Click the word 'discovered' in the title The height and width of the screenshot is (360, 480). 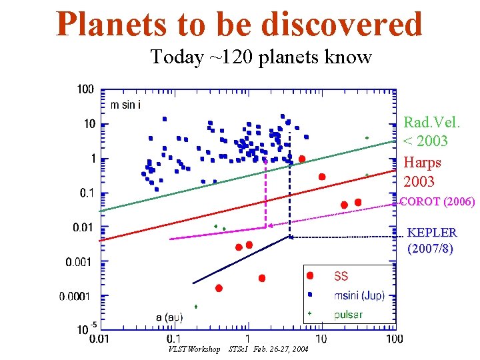pyautogui.click(x=341, y=24)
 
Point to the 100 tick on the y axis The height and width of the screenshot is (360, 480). pyautogui.click(x=85, y=89)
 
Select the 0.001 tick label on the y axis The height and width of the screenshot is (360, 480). pyautogui.click(x=79, y=262)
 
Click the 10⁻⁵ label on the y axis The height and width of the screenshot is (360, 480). pyautogui.click(x=84, y=329)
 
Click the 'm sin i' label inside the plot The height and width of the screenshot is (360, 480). pyautogui.click(x=125, y=104)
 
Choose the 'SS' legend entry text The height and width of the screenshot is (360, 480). pyautogui.click(x=340, y=276)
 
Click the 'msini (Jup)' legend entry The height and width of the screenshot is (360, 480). pyautogui.click(x=359, y=295)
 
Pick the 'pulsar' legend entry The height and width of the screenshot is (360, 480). pyautogui.click(x=348, y=313)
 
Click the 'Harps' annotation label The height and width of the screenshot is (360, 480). pyautogui.click(x=422, y=163)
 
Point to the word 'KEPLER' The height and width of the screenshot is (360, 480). pyautogui.click(x=431, y=233)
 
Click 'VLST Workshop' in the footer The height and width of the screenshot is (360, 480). pyautogui.click(x=195, y=349)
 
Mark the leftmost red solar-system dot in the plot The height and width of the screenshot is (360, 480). pyautogui.click(x=219, y=288)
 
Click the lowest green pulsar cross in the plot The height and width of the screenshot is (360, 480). pyautogui.click(x=196, y=307)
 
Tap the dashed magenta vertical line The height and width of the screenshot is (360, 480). pyautogui.click(x=266, y=193)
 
